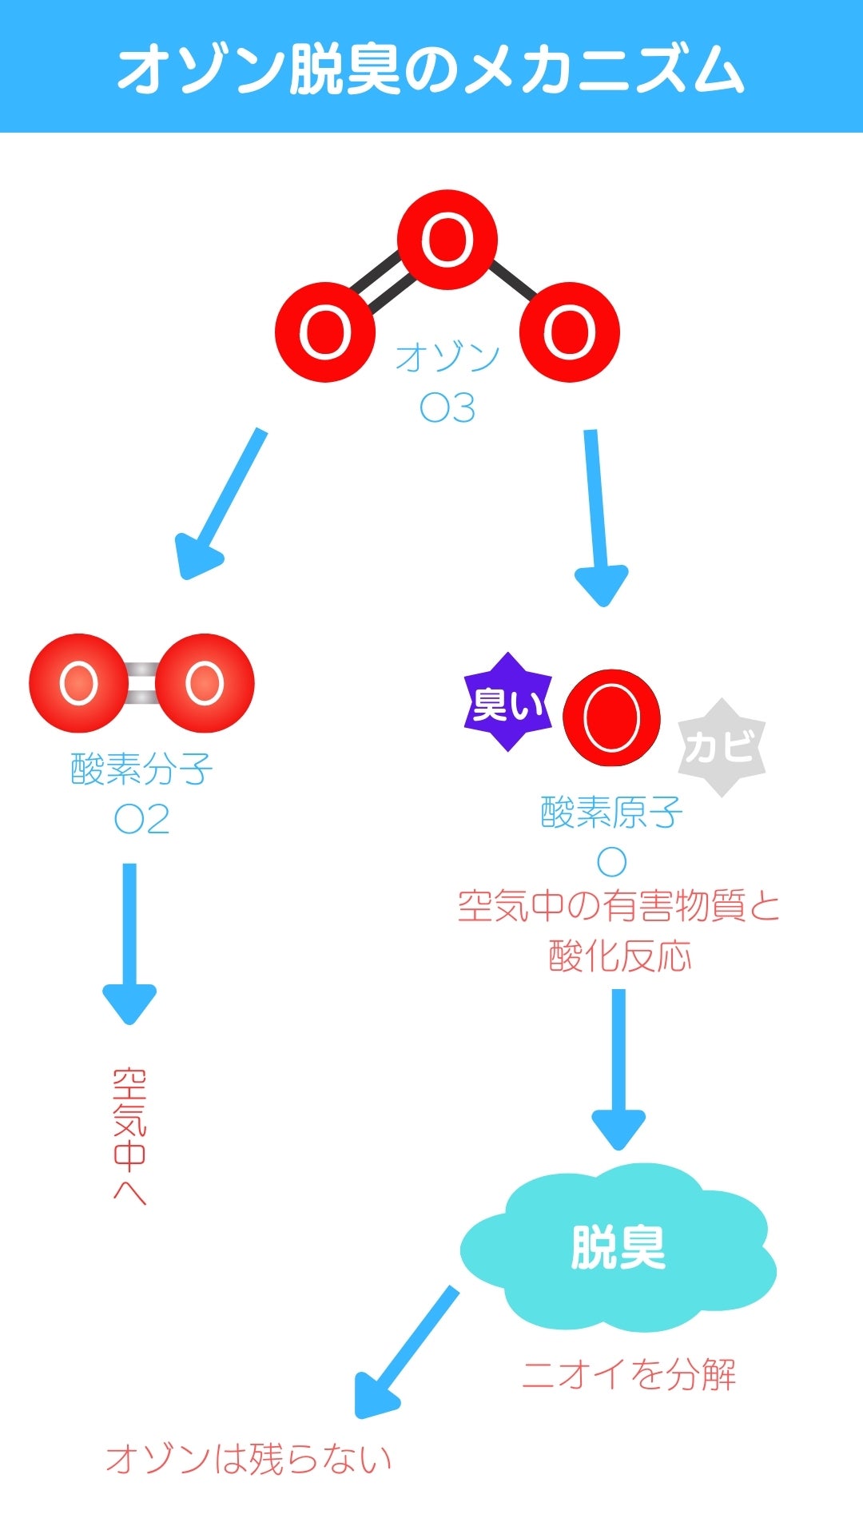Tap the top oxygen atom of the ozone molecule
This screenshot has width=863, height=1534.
(447, 240)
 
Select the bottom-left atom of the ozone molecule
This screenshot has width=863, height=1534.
(325, 332)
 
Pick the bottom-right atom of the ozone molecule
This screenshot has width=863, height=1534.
(570, 332)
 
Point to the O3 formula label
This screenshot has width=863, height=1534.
(447, 407)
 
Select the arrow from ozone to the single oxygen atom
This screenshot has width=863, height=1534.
(597, 515)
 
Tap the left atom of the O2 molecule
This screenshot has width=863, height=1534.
(78, 683)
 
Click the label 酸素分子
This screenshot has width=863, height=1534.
(141, 769)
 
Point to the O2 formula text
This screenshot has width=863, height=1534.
(141, 819)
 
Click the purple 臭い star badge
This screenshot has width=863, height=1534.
(507, 703)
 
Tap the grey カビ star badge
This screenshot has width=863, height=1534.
(721, 747)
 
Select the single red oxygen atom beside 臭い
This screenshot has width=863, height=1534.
(611, 717)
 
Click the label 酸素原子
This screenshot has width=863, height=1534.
(611, 813)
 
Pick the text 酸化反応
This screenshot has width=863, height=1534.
(619, 956)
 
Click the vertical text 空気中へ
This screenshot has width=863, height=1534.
(129, 1135)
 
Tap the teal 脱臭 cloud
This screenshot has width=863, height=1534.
(618, 1247)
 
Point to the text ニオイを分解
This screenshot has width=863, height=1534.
(629, 1374)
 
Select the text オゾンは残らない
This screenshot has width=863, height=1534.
(249, 1458)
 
